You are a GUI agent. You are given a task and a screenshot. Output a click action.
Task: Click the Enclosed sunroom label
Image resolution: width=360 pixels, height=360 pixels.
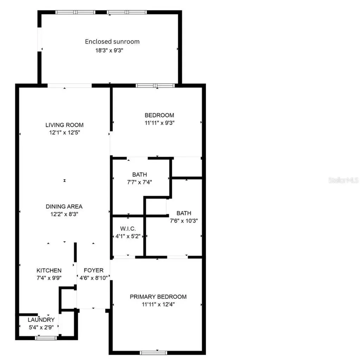pos(112,41)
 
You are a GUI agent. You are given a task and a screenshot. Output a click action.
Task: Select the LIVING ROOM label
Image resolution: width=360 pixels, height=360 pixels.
pos(64,125)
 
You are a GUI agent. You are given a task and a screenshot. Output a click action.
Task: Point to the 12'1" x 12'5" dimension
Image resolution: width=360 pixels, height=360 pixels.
pos(64,133)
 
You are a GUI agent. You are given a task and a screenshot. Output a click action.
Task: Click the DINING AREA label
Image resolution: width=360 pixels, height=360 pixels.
pos(64,206)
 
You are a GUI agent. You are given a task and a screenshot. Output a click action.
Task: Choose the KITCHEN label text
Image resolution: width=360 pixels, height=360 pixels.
pos(49,270)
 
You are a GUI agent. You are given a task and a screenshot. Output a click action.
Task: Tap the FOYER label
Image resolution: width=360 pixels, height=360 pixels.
pos(94,270)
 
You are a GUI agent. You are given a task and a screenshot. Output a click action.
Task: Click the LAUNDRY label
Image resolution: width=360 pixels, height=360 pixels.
pos(41,320)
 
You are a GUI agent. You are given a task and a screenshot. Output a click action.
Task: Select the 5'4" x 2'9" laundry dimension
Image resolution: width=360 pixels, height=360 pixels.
pos(41,327)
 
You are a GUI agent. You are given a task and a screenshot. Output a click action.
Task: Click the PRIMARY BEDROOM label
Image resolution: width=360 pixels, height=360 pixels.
pos(158,297)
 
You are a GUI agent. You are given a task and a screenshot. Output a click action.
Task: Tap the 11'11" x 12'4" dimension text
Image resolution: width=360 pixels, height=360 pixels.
pos(158,304)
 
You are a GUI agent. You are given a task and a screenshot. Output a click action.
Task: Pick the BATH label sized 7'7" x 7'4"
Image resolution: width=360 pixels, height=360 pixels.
pos(140,174)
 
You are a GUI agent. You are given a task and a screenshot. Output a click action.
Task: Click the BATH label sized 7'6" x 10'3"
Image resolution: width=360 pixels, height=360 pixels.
pos(184,213)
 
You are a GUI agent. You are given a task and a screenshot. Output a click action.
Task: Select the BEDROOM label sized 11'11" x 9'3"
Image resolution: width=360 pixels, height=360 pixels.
pos(160,115)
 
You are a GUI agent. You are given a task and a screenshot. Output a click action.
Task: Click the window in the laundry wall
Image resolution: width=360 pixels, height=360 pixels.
pos(46,338)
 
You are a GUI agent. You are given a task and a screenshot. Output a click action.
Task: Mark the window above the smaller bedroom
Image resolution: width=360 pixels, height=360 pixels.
pos(155,85)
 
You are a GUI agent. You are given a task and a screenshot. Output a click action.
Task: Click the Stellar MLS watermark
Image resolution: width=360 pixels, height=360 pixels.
pos(343,180)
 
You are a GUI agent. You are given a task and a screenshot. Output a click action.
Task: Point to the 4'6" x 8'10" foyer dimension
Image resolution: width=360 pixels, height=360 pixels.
pos(94,278)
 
